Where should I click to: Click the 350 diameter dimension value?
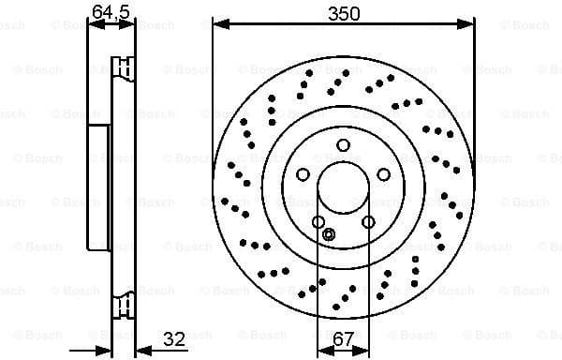344,13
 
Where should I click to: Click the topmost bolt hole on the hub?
343,144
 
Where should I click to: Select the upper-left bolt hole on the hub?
303,174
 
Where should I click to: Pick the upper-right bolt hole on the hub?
384,174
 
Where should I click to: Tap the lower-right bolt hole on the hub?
368,222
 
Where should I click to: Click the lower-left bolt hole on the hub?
318,222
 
